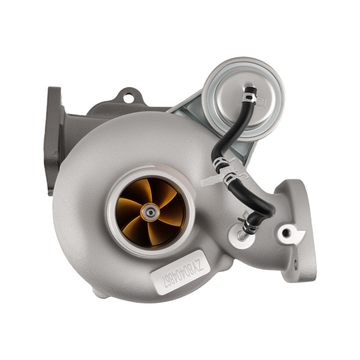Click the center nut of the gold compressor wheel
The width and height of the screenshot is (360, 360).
coord(149,211)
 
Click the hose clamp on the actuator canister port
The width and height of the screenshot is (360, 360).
coord(250,96)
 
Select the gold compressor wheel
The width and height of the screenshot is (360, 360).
coord(149,211)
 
